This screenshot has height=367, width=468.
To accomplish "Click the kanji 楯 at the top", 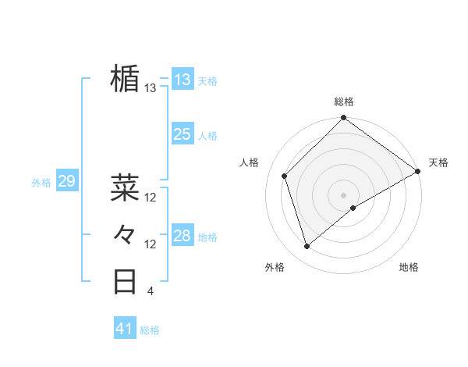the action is point(125,79).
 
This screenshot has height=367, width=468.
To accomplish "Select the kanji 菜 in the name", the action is point(125,187).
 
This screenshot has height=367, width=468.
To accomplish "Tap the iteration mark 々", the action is point(125,233).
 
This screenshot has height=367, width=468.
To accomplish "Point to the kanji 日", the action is point(125,281).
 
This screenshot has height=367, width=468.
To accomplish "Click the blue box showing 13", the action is point(182,80).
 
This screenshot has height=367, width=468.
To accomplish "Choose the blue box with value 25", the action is point(182,134).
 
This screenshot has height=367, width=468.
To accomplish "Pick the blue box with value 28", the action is point(182,236).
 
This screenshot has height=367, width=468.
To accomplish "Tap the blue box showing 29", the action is point(66,182).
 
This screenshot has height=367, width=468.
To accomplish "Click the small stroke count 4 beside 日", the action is point(150,292).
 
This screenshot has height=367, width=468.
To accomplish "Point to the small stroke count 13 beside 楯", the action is point(151,88).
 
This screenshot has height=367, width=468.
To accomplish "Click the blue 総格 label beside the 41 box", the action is point(150,330).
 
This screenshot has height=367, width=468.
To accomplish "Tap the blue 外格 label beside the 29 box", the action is point(41,183).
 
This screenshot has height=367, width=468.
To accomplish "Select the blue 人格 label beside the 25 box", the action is point(207,136).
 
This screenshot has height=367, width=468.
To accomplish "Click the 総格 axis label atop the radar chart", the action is point(343,102).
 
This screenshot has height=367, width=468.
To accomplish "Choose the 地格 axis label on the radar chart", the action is point(409,268).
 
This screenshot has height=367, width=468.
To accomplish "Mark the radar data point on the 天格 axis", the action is point(418,172).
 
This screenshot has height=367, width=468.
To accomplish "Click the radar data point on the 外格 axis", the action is point(307,247).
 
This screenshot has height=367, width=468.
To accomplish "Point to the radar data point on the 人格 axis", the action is point(285,176).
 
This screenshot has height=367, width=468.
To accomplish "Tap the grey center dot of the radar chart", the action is point(343,194).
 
